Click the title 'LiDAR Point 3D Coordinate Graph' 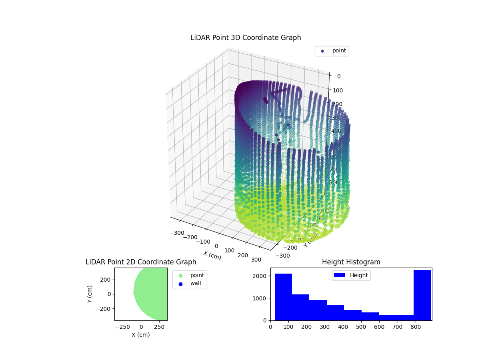[x=246, y=38]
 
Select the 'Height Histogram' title [x=351, y=262]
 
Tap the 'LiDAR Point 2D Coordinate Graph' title [x=141, y=262]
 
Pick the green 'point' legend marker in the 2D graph [x=180, y=276]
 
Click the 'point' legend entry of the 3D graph [x=339, y=51]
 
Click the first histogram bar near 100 [x=283, y=297]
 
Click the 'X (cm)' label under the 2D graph [x=141, y=335]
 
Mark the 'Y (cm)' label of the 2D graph [x=90, y=294]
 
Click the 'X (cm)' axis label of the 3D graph [x=212, y=255]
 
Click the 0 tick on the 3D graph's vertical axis [x=338, y=77]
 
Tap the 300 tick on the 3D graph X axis [x=256, y=260]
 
